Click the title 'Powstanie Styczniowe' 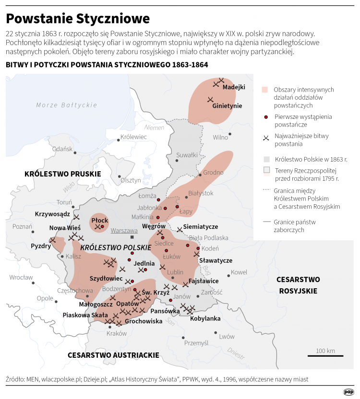pyautogui.click(x=78, y=18)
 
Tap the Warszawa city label pyautogui.click(x=124, y=231)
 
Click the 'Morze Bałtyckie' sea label pyautogui.click(x=66, y=105)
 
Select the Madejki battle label pyautogui.click(x=234, y=87)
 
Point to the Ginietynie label pyautogui.click(x=227, y=106)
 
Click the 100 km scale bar pyautogui.click(x=325, y=355)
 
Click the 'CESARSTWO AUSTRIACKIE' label pyautogui.click(x=113, y=355)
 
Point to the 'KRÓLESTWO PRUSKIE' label pyautogui.click(x=63, y=174)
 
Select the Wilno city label pyautogui.click(x=221, y=138)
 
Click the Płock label pyautogui.click(x=100, y=220)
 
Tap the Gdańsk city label pyautogui.click(x=62, y=149)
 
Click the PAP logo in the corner pyautogui.click(x=348, y=392)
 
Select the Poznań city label pyautogui.click(x=23, y=226)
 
